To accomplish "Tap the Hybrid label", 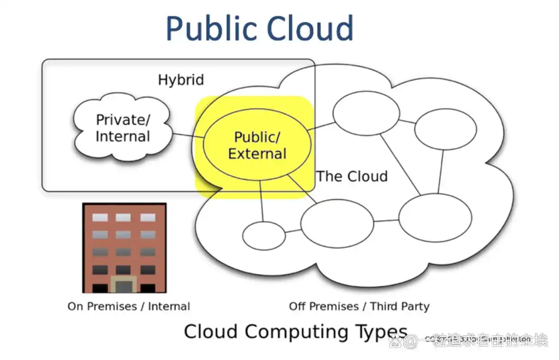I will click(x=181, y=80).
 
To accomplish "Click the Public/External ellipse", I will click(x=257, y=144).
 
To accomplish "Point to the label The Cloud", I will click(x=352, y=177).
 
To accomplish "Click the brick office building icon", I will click(x=124, y=248).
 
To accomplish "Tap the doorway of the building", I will click(x=123, y=285).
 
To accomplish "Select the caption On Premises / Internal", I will click(x=128, y=306).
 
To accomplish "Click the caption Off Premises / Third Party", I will click(x=359, y=306).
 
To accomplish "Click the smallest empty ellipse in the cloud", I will click(x=263, y=235).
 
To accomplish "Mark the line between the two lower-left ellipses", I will click(x=293, y=231).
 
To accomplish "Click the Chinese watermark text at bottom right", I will click(x=484, y=341).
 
